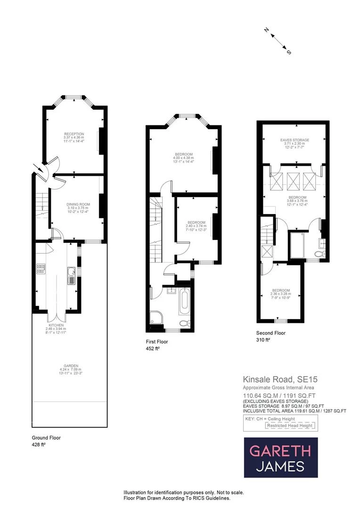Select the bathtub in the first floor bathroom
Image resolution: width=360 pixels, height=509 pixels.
pyautogui.click(x=184, y=303)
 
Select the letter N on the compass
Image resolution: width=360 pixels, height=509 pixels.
pyautogui.click(x=266, y=31)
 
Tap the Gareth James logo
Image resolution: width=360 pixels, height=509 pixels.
pyautogui.click(x=280, y=458)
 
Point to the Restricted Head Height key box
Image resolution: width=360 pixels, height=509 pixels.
pyautogui.click(x=289, y=426)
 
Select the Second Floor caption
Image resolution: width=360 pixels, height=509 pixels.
pyautogui.click(x=270, y=333)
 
